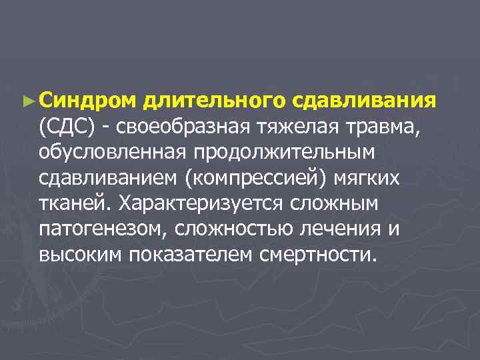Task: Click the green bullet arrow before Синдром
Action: tap(27, 101)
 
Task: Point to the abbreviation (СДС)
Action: tap(68, 126)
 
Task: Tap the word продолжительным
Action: tap(285, 152)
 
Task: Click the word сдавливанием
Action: tap(111, 178)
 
